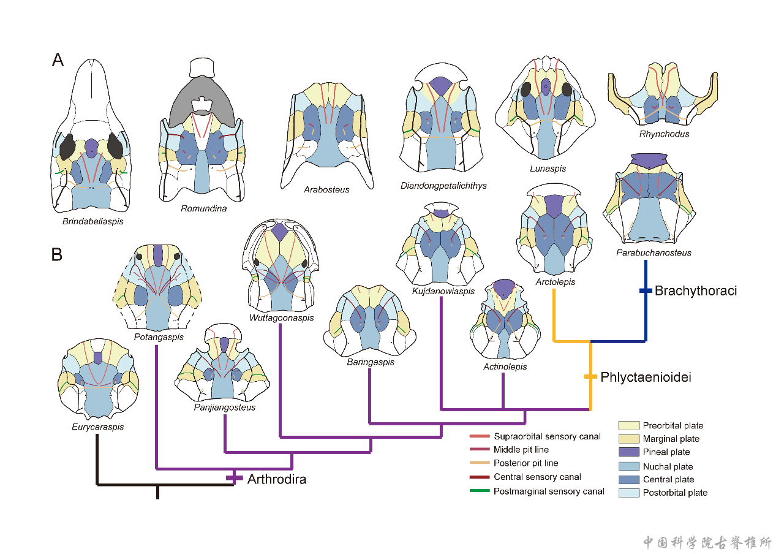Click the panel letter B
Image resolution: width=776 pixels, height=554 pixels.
(57, 254)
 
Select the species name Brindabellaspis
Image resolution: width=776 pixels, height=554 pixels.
(92, 221)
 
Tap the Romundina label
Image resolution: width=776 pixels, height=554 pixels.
(204, 208)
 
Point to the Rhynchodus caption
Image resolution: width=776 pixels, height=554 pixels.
(664, 134)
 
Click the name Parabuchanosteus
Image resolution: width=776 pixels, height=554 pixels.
(654, 252)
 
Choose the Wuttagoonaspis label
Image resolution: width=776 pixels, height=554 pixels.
(282, 317)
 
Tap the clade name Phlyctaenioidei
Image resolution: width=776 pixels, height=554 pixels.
(646, 377)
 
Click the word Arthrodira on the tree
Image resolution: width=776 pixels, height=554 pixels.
(277, 479)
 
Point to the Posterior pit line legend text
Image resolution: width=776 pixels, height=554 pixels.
(525, 463)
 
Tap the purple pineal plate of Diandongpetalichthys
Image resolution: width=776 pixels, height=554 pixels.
(440, 84)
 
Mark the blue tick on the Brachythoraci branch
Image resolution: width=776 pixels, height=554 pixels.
(646, 290)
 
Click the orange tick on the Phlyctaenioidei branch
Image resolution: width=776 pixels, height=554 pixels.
(590, 376)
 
